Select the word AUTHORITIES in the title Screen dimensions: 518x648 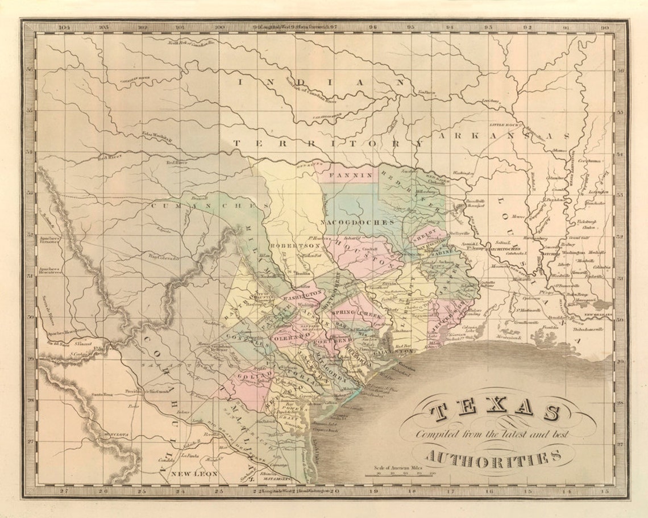(492, 454)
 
